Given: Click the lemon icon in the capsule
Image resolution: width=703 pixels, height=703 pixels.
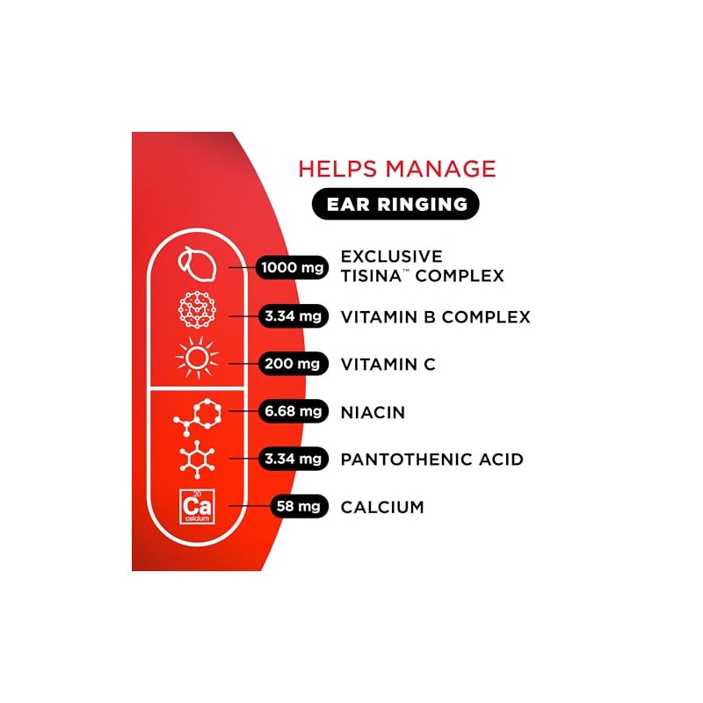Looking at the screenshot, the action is point(198,265).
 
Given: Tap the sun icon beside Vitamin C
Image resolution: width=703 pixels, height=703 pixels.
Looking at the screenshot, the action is point(197,358).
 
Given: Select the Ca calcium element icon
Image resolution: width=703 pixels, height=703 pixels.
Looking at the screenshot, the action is point(197,507).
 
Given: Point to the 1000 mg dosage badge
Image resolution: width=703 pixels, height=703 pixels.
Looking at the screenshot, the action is point(292,268).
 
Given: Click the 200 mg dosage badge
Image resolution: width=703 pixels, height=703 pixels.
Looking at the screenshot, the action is point(294,364).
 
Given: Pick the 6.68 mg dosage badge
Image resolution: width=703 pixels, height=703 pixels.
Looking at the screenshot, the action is point(294,411).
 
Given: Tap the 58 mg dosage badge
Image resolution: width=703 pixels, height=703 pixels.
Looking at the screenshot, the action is point(300,506).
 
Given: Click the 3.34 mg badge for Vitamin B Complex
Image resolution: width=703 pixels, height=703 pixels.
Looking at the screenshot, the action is point(294,316).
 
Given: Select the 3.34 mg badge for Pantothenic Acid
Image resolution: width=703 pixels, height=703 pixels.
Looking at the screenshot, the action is point(294,459).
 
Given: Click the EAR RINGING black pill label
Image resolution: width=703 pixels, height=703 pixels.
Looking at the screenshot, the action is point(395,204).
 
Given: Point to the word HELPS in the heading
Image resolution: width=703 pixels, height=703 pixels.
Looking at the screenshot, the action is point(337,169).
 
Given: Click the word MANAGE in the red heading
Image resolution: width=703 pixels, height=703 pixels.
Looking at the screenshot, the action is point(441,169).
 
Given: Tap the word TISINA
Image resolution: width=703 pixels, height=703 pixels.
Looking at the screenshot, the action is point(371,276).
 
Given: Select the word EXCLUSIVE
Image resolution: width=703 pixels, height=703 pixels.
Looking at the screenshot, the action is point(392,257).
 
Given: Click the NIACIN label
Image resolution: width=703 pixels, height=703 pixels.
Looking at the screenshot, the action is point(373,412).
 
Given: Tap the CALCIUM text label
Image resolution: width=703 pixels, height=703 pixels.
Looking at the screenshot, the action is point(382,508).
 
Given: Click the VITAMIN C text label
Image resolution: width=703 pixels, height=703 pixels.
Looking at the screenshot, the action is point(388,365).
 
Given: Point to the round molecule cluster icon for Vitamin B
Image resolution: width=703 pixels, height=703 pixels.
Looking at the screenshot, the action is point(197,309).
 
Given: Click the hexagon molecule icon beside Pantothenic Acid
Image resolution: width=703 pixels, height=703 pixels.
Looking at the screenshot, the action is point(197,459).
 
